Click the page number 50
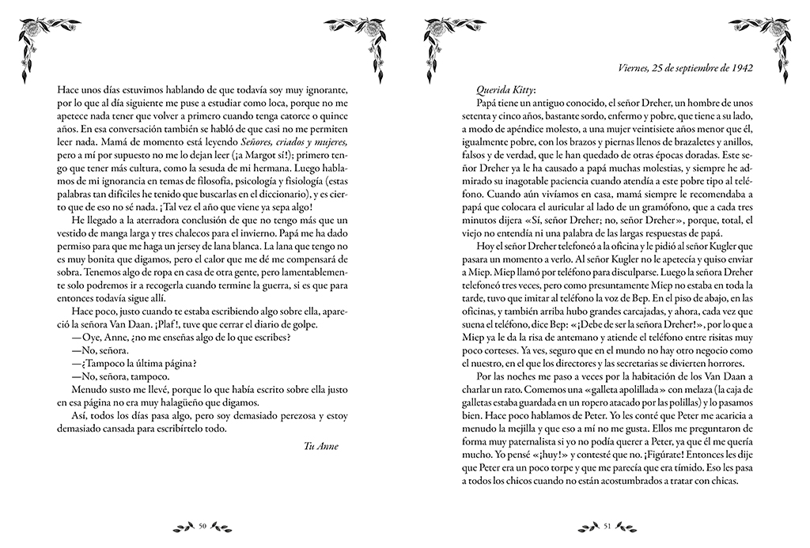202,524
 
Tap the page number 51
607,524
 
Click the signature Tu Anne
320,446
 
